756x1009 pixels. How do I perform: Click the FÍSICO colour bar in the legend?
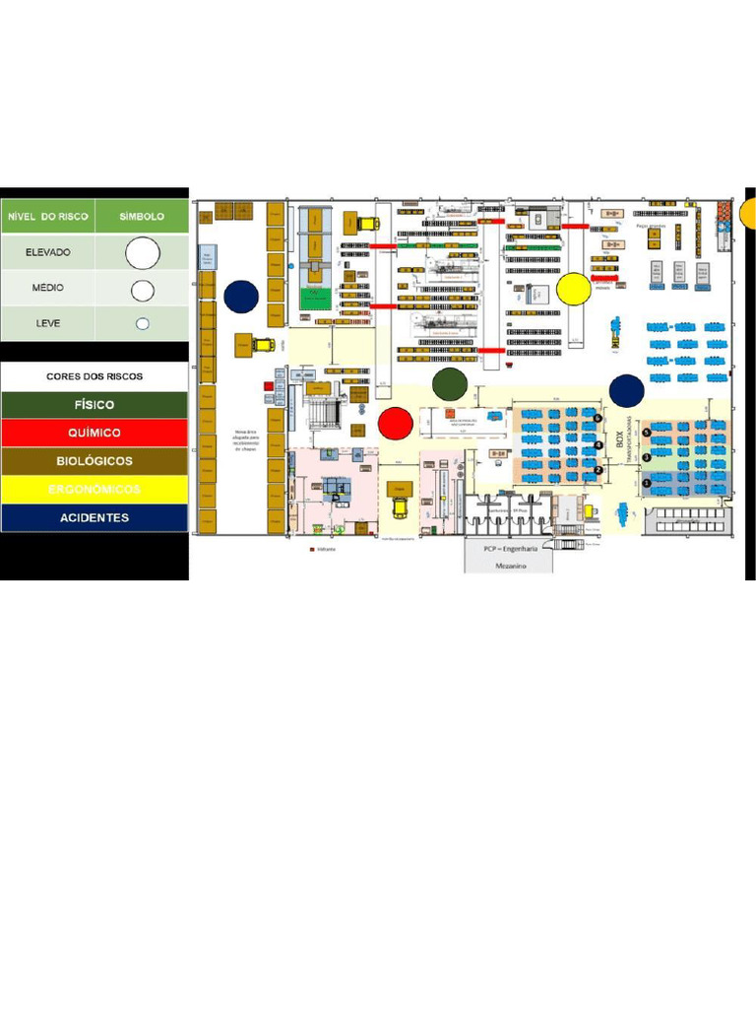coord(94,405)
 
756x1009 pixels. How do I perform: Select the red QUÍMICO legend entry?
coord(94,433)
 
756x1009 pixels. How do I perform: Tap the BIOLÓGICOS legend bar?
coord(94,461)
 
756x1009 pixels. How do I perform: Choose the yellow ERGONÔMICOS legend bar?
coord(94,490)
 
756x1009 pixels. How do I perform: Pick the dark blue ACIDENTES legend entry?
coord(94,517)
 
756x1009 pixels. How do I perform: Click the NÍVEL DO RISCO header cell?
coord(48,216)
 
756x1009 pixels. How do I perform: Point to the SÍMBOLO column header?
coord(142,216)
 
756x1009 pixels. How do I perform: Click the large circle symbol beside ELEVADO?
coord(142,253)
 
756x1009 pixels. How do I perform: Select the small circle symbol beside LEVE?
coord(142,323)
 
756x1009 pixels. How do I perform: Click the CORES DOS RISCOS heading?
coord(94,376)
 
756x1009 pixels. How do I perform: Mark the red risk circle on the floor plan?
coord(396,423)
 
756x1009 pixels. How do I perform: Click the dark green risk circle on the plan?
coord(449,384)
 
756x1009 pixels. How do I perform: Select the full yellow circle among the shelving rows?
coord(573,289)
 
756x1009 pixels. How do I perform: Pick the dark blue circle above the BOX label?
coord(626,390)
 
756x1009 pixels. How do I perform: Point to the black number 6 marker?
coord(598,418)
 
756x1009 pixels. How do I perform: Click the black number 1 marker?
coord(646,483)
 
